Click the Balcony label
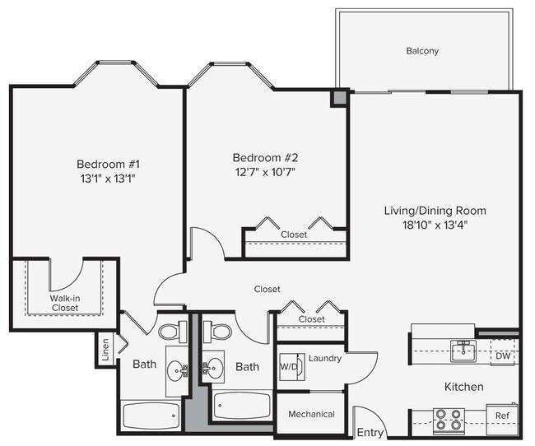(x=422, y=51)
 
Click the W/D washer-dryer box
(x=289, y=366)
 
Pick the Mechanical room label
(x=311, y=414)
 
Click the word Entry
(x=370, y=433)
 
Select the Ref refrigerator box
(x=502, y=416)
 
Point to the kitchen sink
(x=463, y=352)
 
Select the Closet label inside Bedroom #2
(x=294, y=235)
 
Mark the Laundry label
(x=324, y=358)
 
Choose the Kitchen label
(x=464, y=387)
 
